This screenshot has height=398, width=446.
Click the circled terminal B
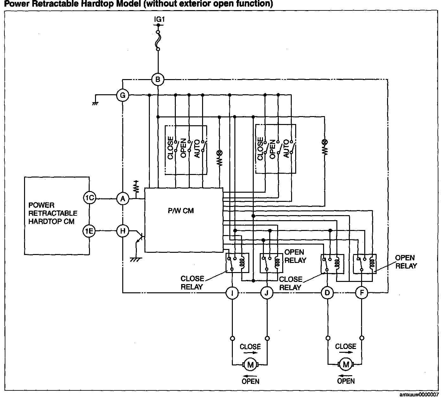tap(158, 79)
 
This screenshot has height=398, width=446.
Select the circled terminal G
tap(123, 95)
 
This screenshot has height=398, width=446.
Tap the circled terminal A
tap(123, 199)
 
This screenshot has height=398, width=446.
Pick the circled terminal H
tap(123, 231)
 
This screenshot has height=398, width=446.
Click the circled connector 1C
tap(89, 198)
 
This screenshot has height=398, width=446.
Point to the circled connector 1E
tap(89, 231)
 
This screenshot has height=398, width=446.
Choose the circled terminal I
tap(232, 293)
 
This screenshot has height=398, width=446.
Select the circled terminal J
tap(267, 293)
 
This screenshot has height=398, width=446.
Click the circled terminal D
tap(327, 293)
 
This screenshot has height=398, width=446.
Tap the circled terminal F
tap(361, 293)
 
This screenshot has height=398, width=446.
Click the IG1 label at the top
tap(159, 19)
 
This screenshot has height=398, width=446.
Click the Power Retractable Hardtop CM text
tap(53, 213)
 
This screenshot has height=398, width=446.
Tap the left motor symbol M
tap(251, 365)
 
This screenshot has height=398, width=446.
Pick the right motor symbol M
tap(346, 365)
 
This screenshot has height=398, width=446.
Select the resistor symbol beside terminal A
tap(137, 188)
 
